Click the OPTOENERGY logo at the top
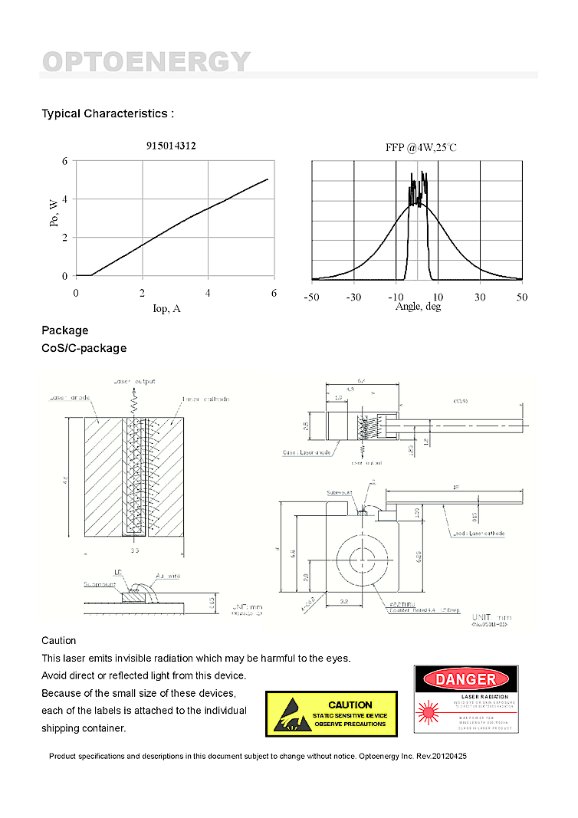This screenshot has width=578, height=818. click(146, 61)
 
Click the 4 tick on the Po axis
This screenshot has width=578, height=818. click(65, 199)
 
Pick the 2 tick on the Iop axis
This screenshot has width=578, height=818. click(142, 293)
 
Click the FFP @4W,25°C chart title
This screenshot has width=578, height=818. click(421, 147)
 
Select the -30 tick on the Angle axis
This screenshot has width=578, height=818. click(353, 297)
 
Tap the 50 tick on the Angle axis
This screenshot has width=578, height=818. click(521, 297)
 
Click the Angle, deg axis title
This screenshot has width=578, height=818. click(418, 307)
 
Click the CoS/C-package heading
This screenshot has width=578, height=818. click(84, 348)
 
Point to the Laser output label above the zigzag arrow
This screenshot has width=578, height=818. click(134, 381)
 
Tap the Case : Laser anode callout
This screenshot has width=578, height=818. click(307, 452)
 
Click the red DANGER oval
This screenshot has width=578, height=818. click(466, 678)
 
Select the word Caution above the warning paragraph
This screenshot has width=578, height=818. click(59, 640)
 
